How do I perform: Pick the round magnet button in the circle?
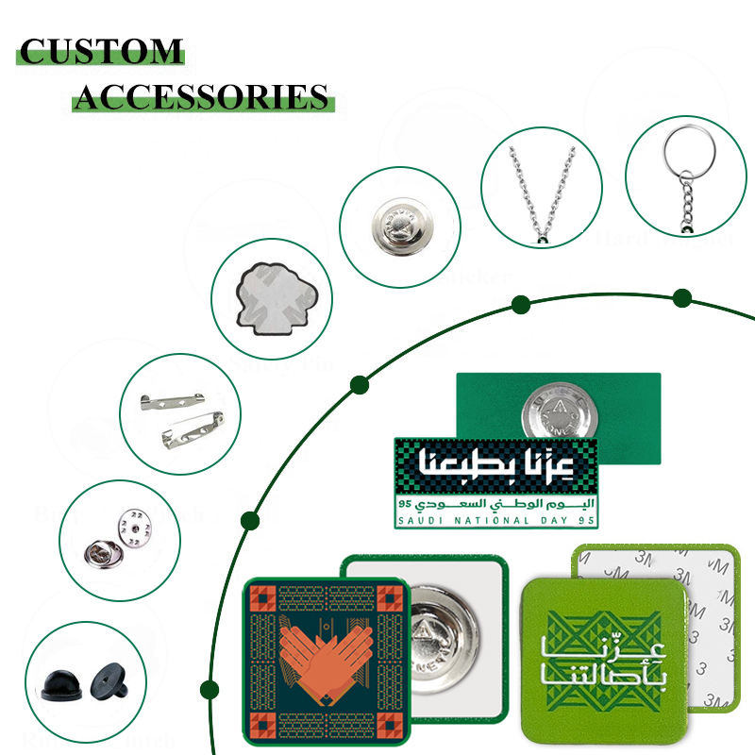coord(399,226)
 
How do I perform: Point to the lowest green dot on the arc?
coord(210,689)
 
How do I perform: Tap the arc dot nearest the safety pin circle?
coord(359,384)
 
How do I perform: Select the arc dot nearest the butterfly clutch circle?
coord(250,519)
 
